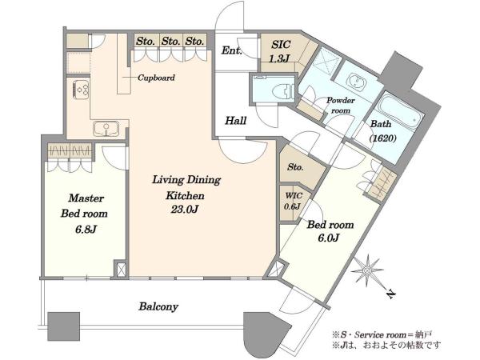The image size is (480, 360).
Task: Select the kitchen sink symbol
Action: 106,129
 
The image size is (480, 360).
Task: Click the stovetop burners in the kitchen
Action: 81,90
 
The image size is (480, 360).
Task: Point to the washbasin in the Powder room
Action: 354,81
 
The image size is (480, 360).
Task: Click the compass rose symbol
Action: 367,271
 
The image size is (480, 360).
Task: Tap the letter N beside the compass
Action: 391,294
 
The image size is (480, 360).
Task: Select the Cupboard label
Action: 156,78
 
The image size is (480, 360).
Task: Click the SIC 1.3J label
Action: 280,51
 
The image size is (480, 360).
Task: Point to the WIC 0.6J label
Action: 294,201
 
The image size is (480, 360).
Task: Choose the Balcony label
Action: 158,306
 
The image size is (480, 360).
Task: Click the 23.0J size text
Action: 185,210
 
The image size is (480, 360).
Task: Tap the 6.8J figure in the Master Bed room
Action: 86,229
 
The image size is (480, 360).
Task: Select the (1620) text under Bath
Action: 382,138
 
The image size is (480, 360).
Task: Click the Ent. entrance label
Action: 232,50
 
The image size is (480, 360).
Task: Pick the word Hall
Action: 236,121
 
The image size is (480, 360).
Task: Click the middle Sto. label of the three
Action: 171,41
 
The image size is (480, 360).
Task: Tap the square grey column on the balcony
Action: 64,326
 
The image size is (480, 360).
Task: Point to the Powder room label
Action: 341,106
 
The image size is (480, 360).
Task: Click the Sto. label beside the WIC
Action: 295,167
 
